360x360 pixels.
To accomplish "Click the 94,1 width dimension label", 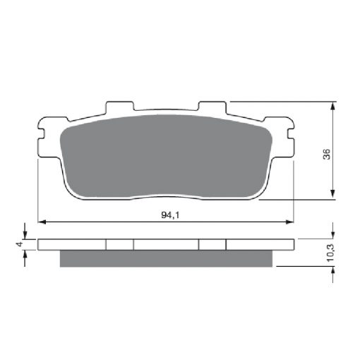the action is click(x=170, y=215).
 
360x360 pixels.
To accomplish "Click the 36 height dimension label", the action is click(x=327, y=155).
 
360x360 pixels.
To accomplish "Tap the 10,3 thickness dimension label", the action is click(x=330, y=253).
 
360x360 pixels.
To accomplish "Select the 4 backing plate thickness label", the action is click(x=20, y=244).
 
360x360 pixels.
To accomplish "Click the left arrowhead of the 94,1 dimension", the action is click(x=42, y=222).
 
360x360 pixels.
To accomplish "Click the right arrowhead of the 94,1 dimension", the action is click(x=290, y=222).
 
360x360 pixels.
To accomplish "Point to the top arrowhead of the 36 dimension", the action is click(x=332, y=106).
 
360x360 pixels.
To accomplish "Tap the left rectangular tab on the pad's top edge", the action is click(x=119, y=106).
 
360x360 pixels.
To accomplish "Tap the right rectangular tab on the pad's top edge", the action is click(x=212, y=106).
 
